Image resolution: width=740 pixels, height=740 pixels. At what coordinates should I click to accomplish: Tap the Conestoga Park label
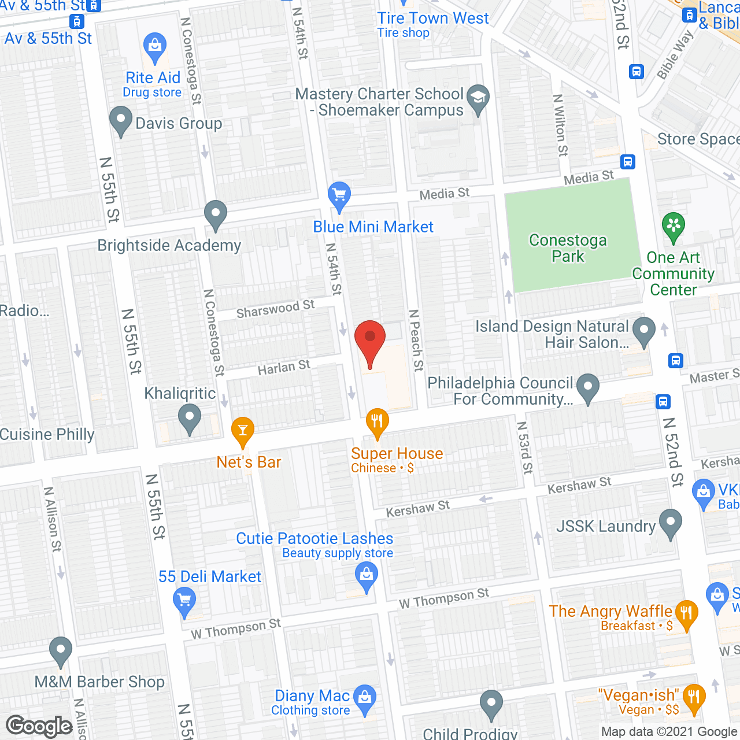point(568,248)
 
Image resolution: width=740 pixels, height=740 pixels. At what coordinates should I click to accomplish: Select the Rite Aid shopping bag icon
point(154,46)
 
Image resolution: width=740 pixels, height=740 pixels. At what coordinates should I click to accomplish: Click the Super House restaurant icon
point(377,422)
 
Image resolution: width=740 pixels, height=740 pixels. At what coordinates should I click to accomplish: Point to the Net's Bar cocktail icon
point(242,430)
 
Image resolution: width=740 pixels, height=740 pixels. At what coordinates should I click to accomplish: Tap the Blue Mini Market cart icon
point(339,195)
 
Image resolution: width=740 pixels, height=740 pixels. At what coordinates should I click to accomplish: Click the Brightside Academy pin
point(216,214)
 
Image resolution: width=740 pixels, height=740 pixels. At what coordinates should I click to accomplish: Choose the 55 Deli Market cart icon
point(184,601)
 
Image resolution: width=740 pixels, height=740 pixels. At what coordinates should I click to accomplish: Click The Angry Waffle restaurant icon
point(686,614)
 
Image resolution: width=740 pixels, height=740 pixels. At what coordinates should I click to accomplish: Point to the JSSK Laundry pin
point(670,523)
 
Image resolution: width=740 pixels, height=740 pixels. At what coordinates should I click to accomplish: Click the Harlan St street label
point(284,367)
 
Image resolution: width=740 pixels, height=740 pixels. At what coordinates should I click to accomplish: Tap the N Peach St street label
point(416,340)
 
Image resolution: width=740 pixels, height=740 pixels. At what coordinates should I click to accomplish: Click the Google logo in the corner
point(39,726)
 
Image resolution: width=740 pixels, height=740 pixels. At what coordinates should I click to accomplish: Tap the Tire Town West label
point(433,18)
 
